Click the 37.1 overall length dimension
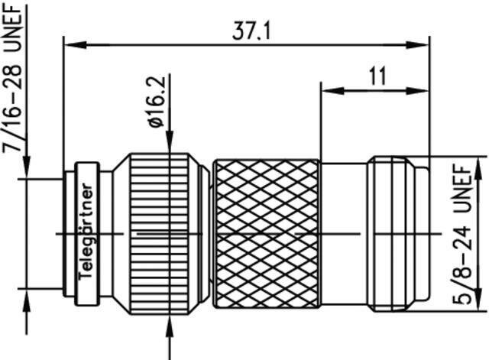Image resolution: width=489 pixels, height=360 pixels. [251, 31]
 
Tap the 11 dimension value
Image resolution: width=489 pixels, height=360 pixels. [377, 76]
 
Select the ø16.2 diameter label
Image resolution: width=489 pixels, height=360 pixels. [157, 102]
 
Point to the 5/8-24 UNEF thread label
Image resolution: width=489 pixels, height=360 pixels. [462, 235]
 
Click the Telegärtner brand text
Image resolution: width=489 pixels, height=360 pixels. [86, 232]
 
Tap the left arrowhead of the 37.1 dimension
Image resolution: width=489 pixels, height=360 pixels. [76, 45]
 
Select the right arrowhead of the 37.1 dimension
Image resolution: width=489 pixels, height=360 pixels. [418, 45]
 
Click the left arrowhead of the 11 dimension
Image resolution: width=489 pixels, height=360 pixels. [333, 91]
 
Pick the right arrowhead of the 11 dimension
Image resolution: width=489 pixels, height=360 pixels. [418, 91]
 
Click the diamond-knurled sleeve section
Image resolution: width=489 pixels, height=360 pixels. [267, 234]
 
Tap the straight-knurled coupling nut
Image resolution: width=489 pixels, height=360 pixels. [160, 234]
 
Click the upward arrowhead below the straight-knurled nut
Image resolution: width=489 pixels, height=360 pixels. [170, 326]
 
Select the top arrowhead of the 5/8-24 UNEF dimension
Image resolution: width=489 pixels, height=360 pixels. [478, 167]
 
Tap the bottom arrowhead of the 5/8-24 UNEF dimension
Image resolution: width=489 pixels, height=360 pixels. [478, 299]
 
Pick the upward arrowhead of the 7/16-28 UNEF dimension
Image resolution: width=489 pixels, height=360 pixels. [27, 300]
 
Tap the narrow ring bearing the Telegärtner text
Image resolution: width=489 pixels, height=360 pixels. [86, 234]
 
